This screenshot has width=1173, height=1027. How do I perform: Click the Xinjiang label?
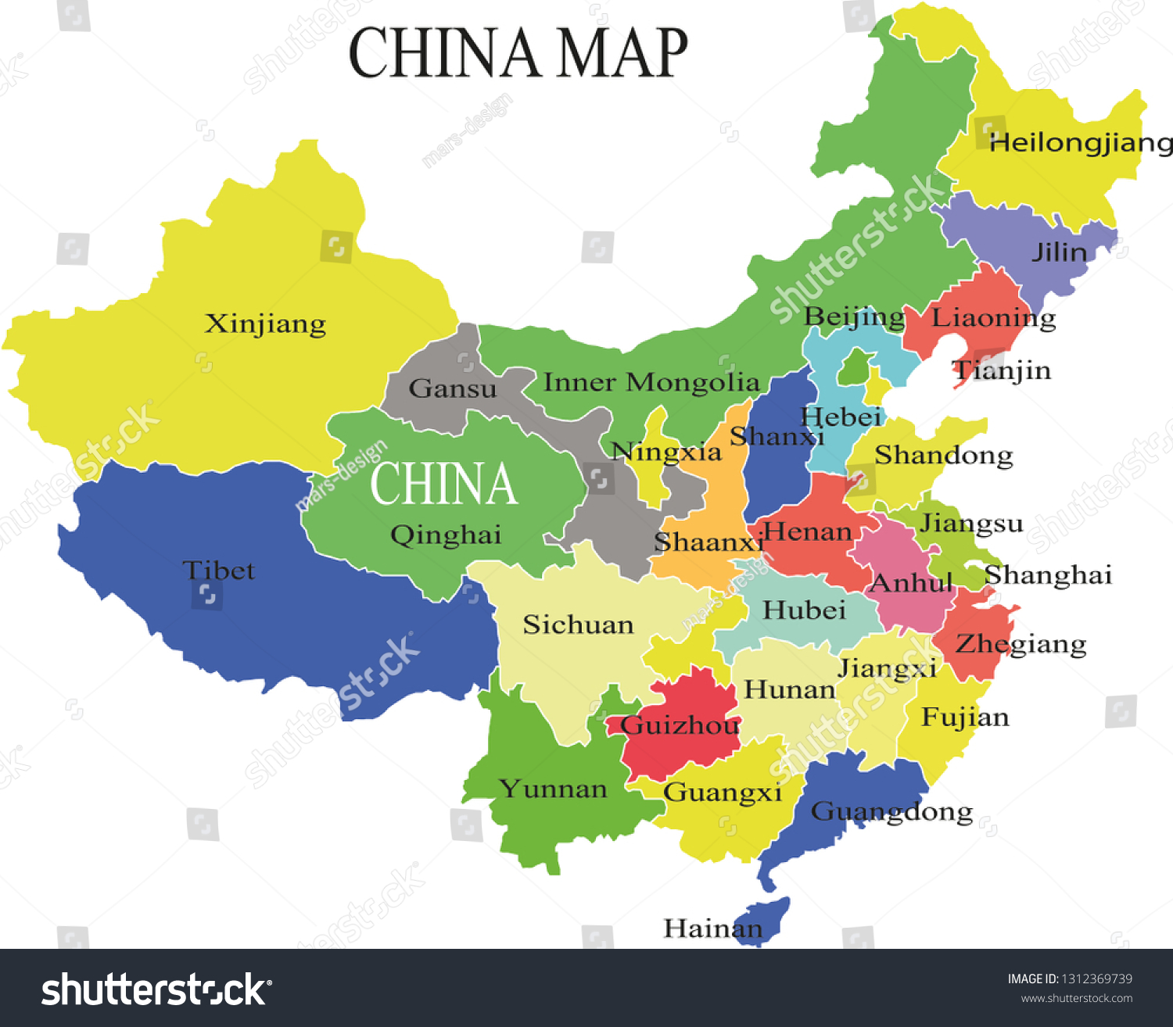[265, 324]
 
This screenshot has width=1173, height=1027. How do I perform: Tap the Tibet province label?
[218, 571]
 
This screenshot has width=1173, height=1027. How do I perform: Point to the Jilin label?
[1059, 252]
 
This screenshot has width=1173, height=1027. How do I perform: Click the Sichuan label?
[578, 624]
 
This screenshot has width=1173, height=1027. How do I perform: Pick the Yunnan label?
[553, 789]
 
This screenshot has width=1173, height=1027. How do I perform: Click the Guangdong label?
[891, 812]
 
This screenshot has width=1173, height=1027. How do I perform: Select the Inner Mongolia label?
[651, 382]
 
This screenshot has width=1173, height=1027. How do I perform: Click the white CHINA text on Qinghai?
[443, 484]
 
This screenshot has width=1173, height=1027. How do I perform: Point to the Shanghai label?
[1048, 575]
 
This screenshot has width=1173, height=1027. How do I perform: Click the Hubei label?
[804, 610]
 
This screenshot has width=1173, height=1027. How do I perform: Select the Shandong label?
[943, 455]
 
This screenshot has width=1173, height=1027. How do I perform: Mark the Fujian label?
[965, 717]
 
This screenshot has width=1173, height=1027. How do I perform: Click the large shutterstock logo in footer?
[156, 989]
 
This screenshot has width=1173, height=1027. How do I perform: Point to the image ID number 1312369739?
[1096, 979]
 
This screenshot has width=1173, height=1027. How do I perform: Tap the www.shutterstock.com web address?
[1076, 998]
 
